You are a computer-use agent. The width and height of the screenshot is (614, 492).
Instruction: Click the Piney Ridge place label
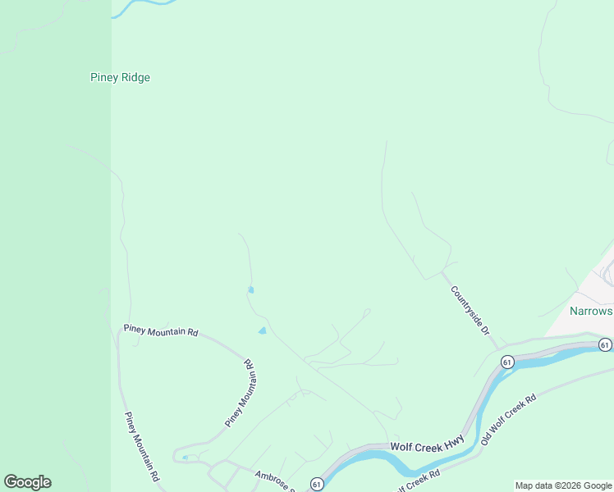click(x=120, y=78)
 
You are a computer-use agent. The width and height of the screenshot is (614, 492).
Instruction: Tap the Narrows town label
click(x=591, y=312)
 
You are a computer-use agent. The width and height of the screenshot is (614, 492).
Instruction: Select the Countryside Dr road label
click(x=470, y=311)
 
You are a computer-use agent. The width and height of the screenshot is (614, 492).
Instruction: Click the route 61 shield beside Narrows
click(x=605, y=344)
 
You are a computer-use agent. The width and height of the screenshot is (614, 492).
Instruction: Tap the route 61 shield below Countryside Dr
click(x=507, y=362)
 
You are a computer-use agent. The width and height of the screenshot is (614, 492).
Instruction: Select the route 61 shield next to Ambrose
click(x=317, y=485)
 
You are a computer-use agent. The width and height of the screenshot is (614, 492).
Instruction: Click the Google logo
click(x=27, y=482)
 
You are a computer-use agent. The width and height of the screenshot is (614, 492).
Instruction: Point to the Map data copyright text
click(x=563, y=485)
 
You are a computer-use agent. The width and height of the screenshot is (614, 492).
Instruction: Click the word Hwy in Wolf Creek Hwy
click(x=454, y=442)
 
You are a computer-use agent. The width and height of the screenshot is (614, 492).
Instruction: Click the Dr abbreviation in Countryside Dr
click(x=484, y=330)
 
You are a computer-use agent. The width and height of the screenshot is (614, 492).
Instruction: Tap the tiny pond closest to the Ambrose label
click(x=186, y=458)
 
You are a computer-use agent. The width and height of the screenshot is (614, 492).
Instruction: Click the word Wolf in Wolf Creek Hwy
click(x=401, y=448)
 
